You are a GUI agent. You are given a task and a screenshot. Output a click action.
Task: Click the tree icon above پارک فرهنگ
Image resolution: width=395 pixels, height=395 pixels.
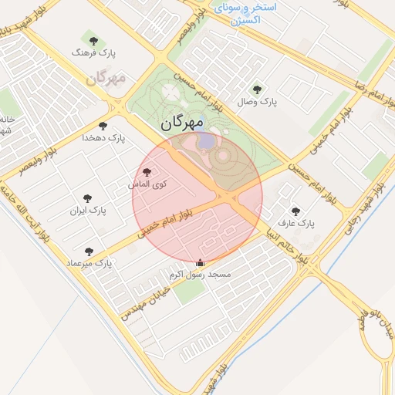[x=94, y=40]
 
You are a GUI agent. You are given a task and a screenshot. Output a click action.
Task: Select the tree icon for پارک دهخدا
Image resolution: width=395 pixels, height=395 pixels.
[x=103, y=126]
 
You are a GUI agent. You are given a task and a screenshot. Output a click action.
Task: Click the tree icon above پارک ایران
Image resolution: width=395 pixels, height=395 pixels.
[x=87, y=198]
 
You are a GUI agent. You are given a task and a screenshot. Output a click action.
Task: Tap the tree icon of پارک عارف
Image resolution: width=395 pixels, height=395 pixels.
[x=295, y=211]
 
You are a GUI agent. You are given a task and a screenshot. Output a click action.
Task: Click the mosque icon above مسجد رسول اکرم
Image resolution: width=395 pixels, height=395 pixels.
[x=201, y=262]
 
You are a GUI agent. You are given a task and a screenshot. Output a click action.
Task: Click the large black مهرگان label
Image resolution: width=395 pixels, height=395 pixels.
[x=183, y=123]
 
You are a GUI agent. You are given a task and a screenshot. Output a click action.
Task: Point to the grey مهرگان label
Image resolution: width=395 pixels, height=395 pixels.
[x=106, y=79]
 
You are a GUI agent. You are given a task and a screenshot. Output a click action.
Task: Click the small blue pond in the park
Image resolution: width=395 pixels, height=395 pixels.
[x=207, y=142]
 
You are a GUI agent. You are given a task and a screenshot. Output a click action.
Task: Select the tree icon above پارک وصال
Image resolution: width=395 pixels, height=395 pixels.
[x=257, y=89]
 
